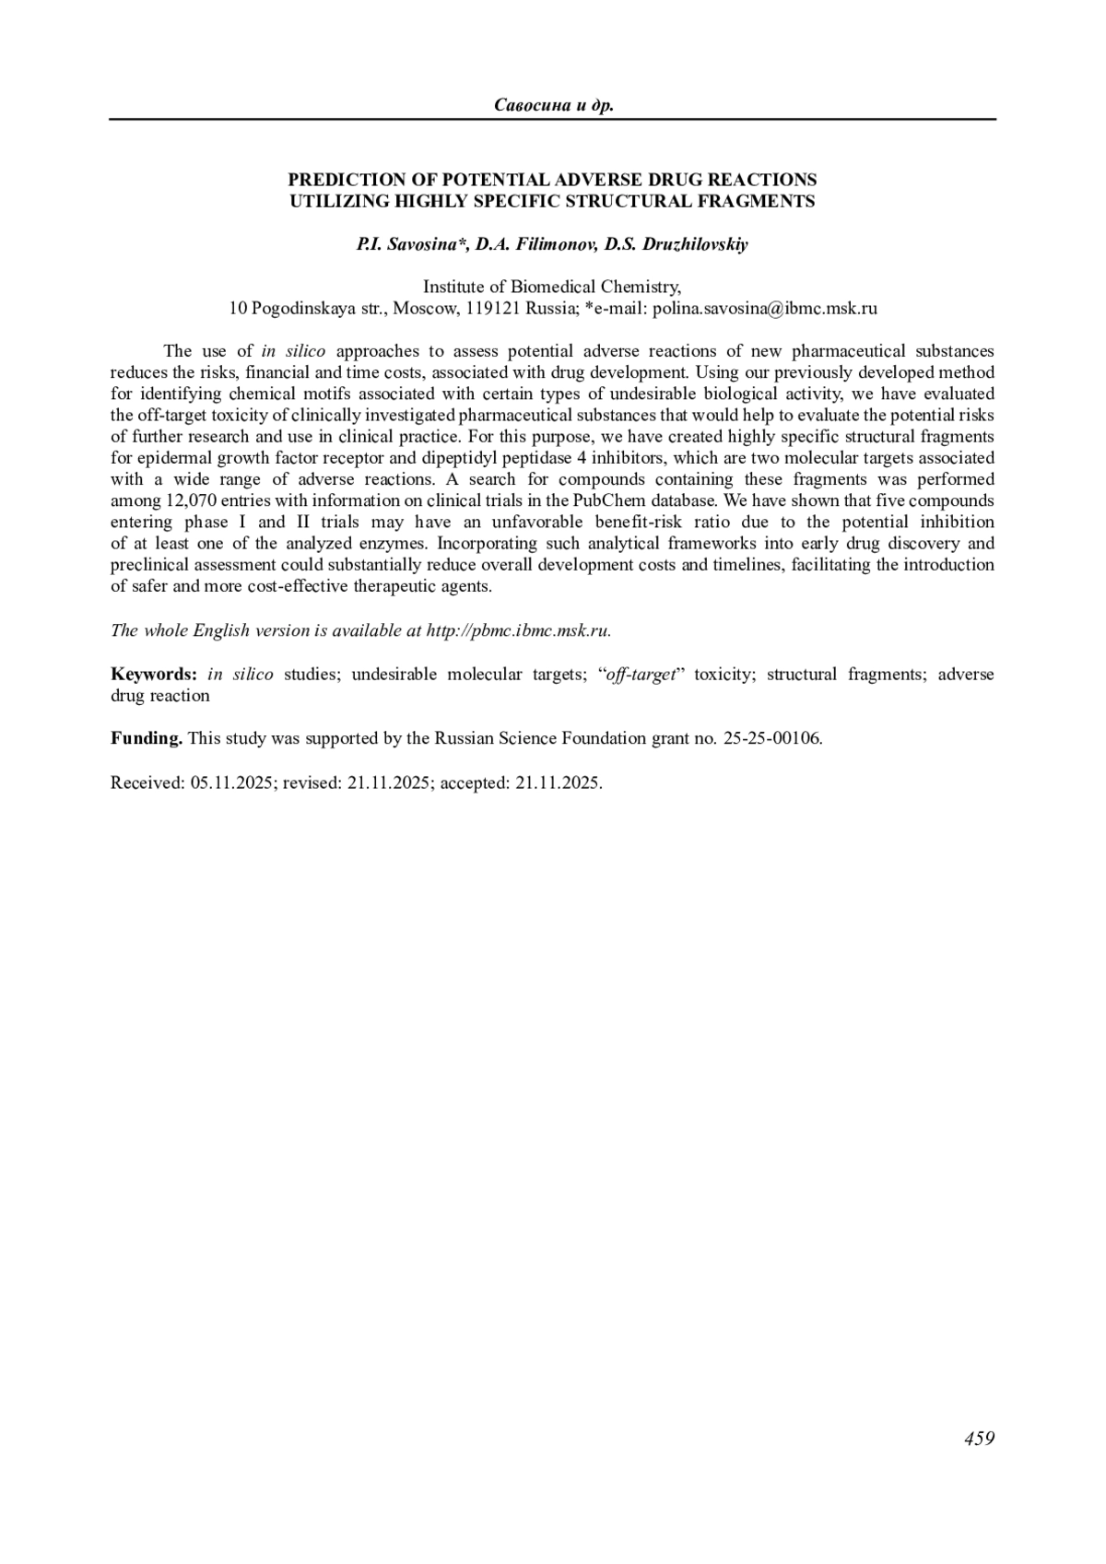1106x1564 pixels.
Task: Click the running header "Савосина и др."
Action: [x=553, y=105]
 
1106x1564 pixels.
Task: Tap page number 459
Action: [x=979, y=1439]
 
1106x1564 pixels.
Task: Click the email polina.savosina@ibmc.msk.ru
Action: [x=765, y=309]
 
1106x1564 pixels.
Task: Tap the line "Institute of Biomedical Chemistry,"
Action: [x=552, y=287]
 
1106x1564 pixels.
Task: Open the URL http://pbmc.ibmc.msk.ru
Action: [x=518, y=630]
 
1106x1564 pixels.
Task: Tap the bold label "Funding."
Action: [x=147, y=738]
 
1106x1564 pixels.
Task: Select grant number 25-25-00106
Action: [x=772, y=738]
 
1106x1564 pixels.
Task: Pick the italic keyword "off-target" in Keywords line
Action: [x=641, y=674]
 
